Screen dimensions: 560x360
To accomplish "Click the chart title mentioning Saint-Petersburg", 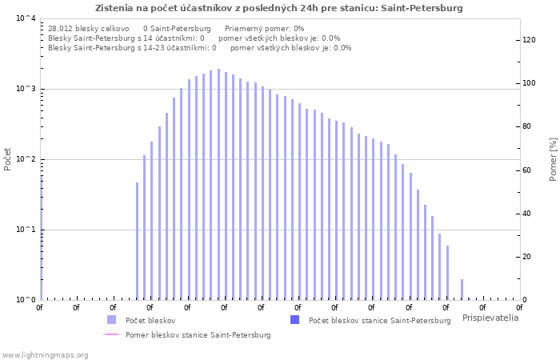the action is (x=278, y=8).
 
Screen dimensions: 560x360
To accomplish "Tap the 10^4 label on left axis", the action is (x=26, y=18).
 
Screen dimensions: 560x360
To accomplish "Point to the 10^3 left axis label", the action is (x=26, y=89).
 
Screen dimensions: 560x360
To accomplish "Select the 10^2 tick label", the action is (x=26, y=159).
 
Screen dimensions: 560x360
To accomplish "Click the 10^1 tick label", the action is (x=26, y=230).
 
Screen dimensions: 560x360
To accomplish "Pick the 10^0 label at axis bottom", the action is (x=26, y=300).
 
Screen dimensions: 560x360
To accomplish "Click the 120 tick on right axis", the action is (x=529, y=40).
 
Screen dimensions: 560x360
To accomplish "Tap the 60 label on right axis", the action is (x=526, y=170).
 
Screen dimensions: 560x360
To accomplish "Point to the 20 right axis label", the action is (x=526, y=257).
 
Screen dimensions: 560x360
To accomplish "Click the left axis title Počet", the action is (x=7, y=159).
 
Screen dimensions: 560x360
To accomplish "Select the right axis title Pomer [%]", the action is (x=553, y=159).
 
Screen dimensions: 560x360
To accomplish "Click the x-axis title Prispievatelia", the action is (x=490, y=318).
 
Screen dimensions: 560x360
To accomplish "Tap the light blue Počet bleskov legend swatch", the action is (x=111, y=320).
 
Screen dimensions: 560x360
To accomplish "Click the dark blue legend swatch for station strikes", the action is (x=294, y=320).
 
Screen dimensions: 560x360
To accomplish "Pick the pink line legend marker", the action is (x=111, y=334).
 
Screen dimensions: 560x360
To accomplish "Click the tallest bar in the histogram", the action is (x=218, y=184).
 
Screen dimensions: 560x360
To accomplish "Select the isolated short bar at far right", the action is (x=462, y=290).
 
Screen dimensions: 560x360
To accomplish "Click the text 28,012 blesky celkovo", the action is (x=89, y=29).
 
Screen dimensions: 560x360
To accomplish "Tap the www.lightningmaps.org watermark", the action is (x=45, y=355).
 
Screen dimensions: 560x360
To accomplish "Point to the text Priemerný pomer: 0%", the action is (x=265, y=29).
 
